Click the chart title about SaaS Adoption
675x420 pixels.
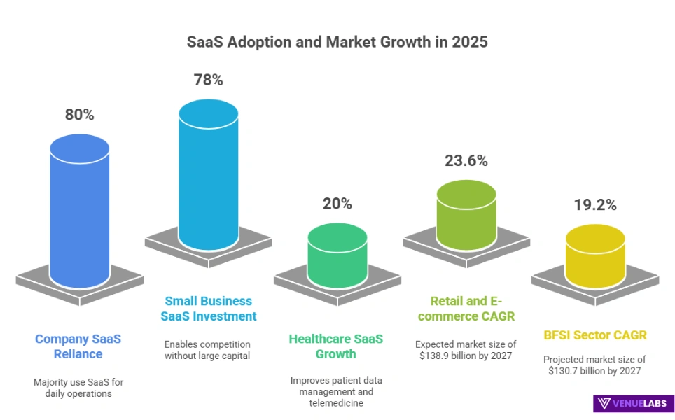click(x=337, y=42)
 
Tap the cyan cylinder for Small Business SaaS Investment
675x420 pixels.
click(x=208, y=175)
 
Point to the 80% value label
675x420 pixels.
click(x=79, y=115)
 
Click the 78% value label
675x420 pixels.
click(x=208, y=80)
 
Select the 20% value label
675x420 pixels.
click(x=337, y=204)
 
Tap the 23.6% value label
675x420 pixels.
click(x=466, y=160)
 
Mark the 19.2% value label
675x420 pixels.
click(x=594, y=204)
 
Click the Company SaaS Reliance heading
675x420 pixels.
click(x=78, y=346)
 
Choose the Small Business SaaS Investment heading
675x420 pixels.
click(x=208, y=309)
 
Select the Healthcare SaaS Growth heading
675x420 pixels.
click(x=336, y=346)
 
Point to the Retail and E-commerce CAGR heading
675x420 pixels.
click(x=465, y=309)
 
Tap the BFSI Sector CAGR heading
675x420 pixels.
click(x=594, y=335)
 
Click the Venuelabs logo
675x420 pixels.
click(x=633, y=403)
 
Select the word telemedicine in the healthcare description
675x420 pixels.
click(x=335, y=404)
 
